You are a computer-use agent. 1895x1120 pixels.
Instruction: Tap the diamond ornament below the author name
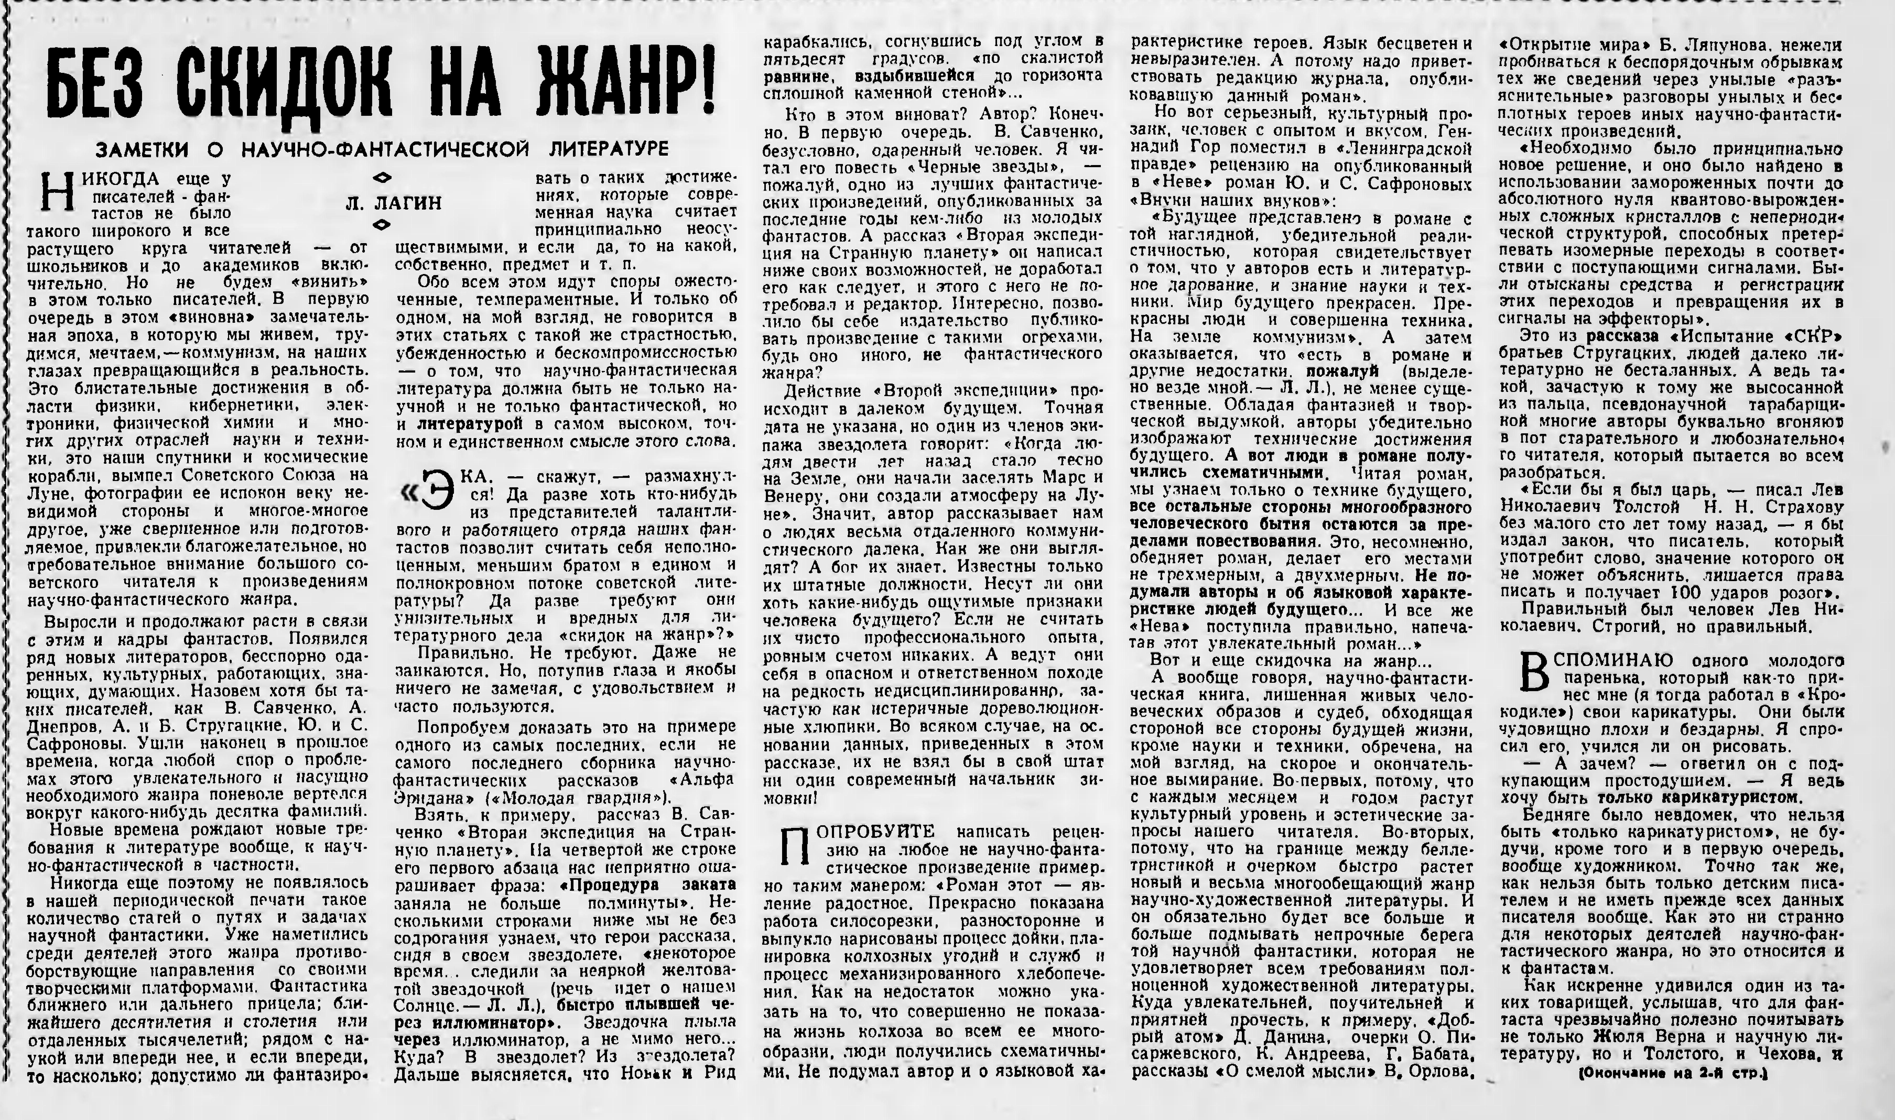[383, 224]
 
